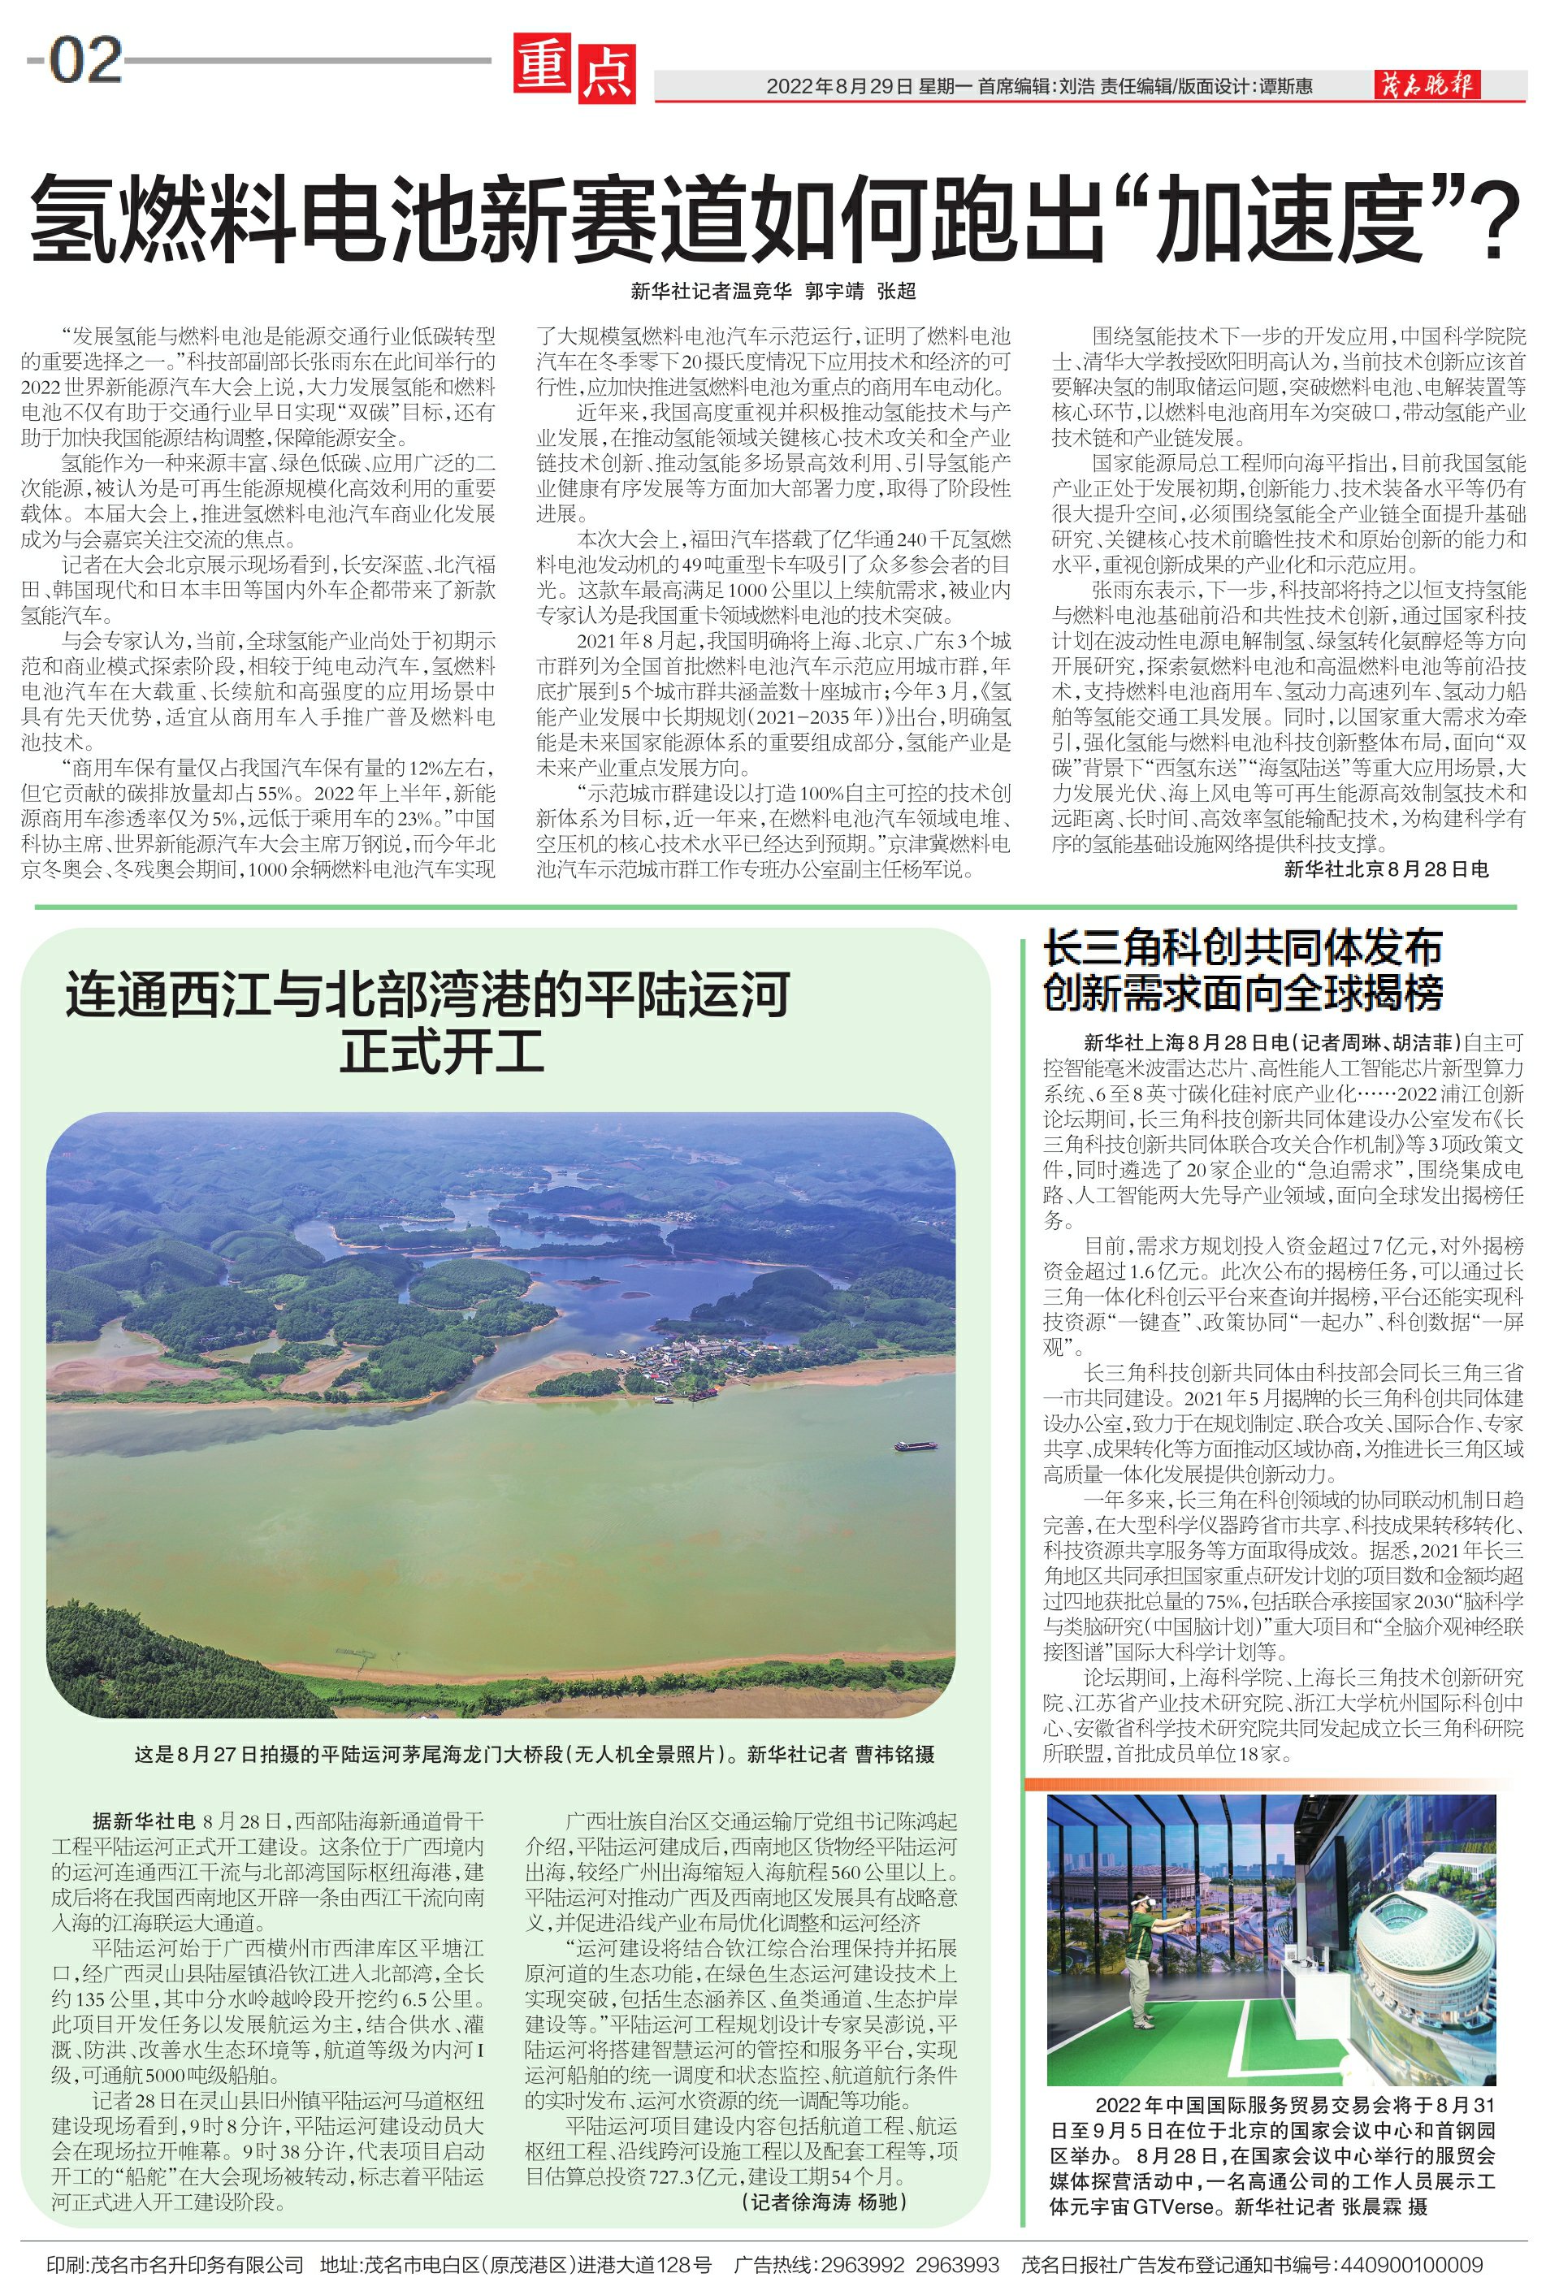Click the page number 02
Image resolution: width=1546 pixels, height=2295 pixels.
pos(86,61)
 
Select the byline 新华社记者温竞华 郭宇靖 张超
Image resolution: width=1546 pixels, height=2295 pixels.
pos(773,291)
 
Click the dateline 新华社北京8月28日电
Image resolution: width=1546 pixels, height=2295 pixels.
pos(1386,868)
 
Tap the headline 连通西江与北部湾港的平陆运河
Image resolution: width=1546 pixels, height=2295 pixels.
pos(428,994)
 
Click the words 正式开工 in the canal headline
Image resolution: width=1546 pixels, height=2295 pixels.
pos(443,1051)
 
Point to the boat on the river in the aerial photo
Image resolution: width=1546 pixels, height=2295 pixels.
pos(916,1446)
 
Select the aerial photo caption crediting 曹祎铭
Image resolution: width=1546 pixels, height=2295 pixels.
pos(535,1754)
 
